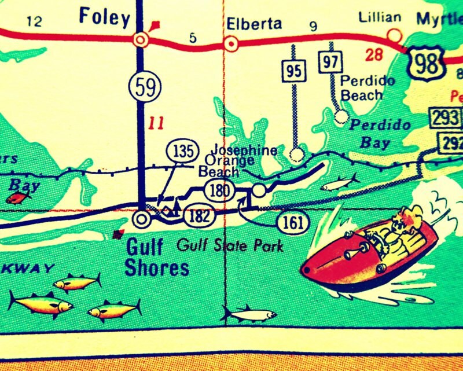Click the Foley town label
[104, 17]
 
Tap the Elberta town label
[254, 24]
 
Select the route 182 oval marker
[199, 216]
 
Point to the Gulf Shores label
[157, 258]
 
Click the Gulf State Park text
[230, 245]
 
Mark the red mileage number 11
[156, 123]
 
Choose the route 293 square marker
[444, 117]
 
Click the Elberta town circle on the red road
[231, 43]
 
